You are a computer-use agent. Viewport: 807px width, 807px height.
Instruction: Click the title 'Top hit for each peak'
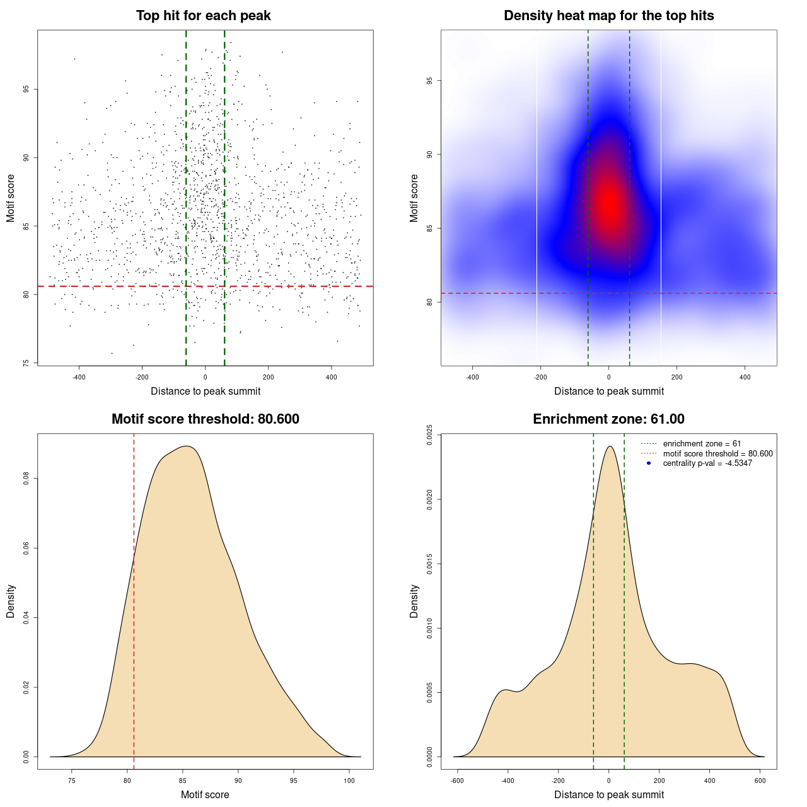click(x=203, y=16)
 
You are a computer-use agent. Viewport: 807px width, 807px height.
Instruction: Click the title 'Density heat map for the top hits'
click(x=608, y=16)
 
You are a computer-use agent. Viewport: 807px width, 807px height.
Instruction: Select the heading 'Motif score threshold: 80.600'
click(x=205, y=419)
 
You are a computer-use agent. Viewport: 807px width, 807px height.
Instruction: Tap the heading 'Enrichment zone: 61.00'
click(x=608, y=419)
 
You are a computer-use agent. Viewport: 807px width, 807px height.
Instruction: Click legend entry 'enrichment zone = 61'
click(x=702, y=444)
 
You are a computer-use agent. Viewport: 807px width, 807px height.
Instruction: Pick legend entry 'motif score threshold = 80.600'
click(x=717, y=453)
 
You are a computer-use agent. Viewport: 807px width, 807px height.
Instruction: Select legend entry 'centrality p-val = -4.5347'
click(x=707, y=463)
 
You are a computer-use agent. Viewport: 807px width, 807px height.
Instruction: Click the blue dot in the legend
click(x=649, y=463)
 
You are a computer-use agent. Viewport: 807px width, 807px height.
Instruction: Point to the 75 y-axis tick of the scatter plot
click(x=26, y=363)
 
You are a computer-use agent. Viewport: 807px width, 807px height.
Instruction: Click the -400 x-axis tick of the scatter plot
click(x=79, y=377)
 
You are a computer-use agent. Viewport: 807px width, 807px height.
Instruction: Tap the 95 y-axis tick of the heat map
click(x=430, y=81)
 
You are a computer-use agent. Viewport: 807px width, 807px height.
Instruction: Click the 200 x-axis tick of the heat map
click(x=676, y=377)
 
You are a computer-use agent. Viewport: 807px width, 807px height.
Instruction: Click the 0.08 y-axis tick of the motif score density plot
click(x=26, y=479)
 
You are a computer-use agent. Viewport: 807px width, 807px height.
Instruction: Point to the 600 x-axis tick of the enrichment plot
click(x=760, y=781)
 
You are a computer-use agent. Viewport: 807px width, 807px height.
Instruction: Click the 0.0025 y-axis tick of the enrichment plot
click(x=430, y=435)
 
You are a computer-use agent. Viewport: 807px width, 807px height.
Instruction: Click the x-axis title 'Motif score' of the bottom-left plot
click(x=205, y=794)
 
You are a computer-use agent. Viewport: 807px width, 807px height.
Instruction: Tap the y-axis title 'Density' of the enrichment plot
click(x=414, y=601)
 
